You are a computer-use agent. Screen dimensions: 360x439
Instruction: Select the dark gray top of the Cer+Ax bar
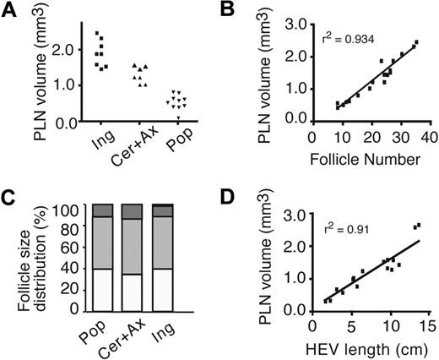[x=132, y=211]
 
